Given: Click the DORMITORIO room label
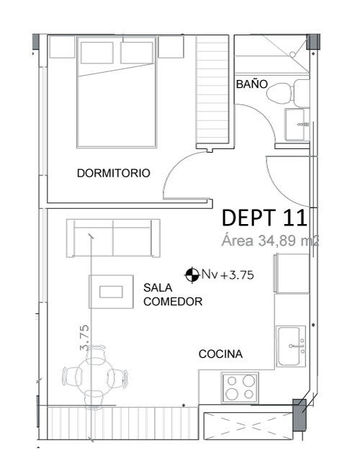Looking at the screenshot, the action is [114, 173].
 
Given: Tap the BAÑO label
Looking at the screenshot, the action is [252, 84].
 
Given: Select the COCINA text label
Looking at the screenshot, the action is [220, 354].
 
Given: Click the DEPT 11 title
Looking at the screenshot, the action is [264, 218].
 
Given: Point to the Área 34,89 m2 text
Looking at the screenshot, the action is [270, 241].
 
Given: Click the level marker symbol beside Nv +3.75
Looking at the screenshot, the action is [192, 274].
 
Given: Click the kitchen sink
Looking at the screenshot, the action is [291, 347].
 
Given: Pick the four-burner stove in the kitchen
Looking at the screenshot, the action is [240, 388].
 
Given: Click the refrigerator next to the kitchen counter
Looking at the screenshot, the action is [292, 274].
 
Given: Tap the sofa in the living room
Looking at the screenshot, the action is [113, 238].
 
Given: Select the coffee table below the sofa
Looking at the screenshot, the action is [111, 292].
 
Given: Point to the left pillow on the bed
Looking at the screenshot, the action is [97, 53].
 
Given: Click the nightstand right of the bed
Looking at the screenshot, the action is [171, 47].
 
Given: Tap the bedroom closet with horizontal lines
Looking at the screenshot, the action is [212, 90].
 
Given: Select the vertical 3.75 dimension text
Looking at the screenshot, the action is [84, 338].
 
